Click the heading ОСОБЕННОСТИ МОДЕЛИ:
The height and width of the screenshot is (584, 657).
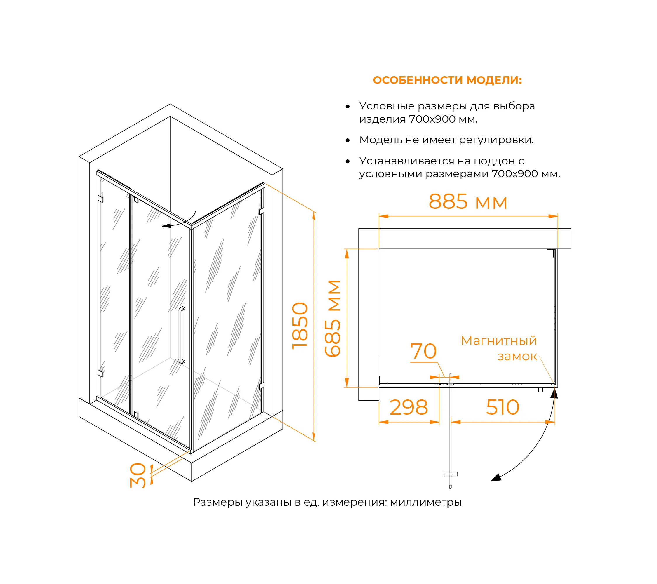click(447, 80)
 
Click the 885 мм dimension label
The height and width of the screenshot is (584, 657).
click(468, 202)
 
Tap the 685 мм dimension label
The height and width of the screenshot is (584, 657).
click(333, 318)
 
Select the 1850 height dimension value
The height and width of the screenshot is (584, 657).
click(300, 326)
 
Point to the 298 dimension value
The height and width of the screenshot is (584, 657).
click(409, 408)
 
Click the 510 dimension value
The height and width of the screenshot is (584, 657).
click(503, 408)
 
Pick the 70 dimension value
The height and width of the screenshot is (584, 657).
click(423, 351)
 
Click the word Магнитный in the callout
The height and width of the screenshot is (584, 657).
click(498, 341)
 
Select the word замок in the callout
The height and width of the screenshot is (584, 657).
click(517, 356)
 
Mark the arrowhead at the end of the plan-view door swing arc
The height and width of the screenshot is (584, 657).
click(496, 478)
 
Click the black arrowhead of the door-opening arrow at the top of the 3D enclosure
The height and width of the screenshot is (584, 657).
click(166, 226)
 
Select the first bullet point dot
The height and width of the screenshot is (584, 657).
click(347, 106)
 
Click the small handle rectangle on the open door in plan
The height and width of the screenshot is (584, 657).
click(450, 474)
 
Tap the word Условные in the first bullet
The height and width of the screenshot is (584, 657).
click(382, 106)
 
